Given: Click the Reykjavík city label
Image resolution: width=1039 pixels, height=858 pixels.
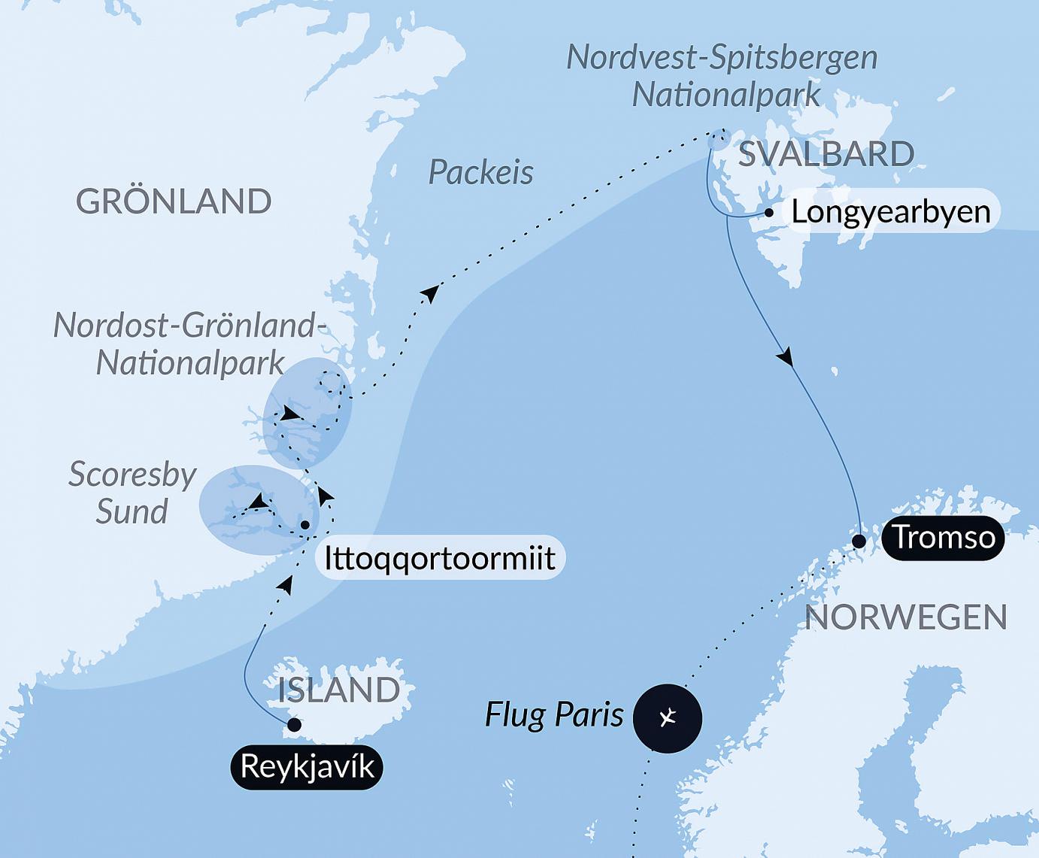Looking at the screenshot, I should tap(307, 767).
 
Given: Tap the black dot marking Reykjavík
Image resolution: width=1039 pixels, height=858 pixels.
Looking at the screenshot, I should tap(295, 725).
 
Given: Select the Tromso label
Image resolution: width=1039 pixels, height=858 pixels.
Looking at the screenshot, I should tap(944, 538).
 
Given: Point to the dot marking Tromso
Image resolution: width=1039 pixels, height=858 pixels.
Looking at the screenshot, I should tap(859, 541).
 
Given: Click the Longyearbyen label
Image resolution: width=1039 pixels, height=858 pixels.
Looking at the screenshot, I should tap(890, 211).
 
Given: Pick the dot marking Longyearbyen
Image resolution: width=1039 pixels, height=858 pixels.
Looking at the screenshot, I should tap(768, 213).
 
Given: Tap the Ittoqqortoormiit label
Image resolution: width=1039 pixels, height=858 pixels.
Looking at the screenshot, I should tap(440, 559).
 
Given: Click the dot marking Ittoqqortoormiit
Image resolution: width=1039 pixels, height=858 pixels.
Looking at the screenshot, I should tap(305, 525).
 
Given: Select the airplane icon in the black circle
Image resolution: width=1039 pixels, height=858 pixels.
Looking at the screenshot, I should tap(668, 718).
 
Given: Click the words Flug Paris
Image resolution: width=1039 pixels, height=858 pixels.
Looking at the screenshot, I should tap(554, 714).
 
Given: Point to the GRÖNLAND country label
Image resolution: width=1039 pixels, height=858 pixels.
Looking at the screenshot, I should tap(174, 202).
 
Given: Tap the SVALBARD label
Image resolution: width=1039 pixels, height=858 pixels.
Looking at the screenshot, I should tap(826, 154).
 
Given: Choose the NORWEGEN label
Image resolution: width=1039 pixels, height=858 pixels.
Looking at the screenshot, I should tap(906, 617).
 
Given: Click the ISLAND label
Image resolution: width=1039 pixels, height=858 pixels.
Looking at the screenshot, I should tap(339, 690).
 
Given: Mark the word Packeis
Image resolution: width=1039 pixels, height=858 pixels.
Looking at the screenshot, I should tap(481, 173).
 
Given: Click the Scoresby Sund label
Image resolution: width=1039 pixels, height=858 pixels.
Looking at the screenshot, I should tap(132, 493).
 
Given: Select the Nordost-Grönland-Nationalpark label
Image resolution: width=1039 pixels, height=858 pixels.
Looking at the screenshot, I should tap(190, 344).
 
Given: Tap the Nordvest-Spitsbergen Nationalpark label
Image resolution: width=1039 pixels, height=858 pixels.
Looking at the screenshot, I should tap(722, 77).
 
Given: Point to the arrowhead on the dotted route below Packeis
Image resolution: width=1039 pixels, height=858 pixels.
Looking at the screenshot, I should tap(430, 293).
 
